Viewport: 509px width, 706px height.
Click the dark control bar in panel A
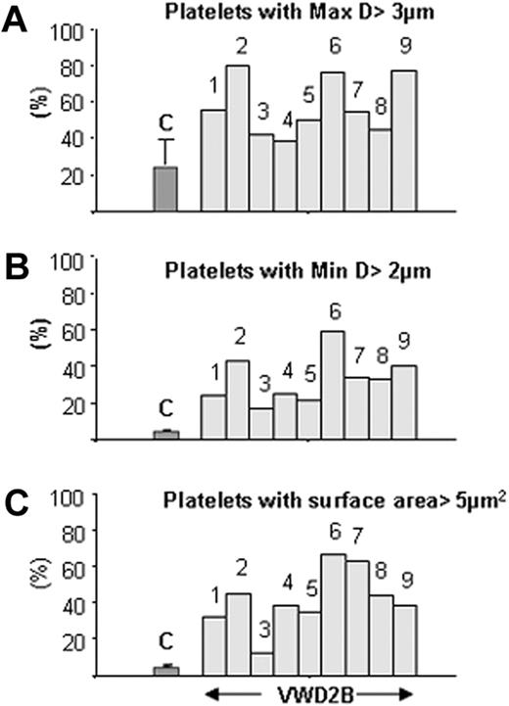(165, 189)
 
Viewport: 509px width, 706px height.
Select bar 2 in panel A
(237, 138)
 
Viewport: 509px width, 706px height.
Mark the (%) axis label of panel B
(17, 350)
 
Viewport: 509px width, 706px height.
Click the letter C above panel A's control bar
(165, 122)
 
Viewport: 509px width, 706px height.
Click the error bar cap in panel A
(165, 140)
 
